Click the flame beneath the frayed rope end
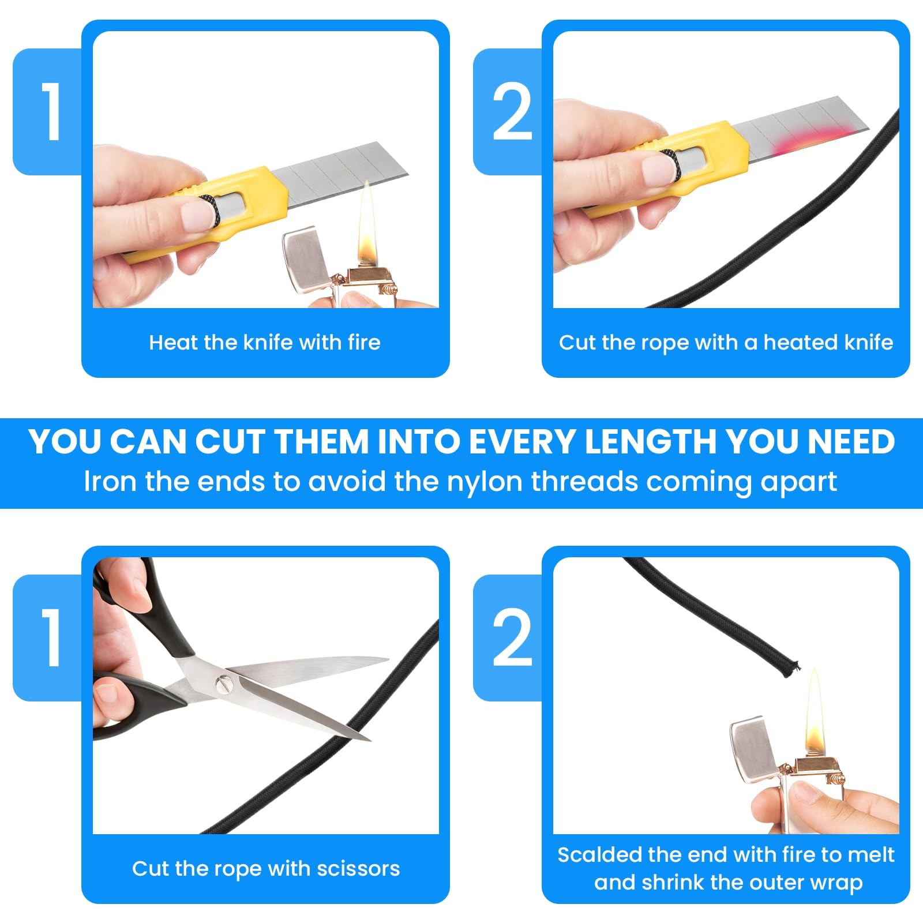814,712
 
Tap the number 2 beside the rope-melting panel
512,637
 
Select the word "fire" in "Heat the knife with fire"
364,342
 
